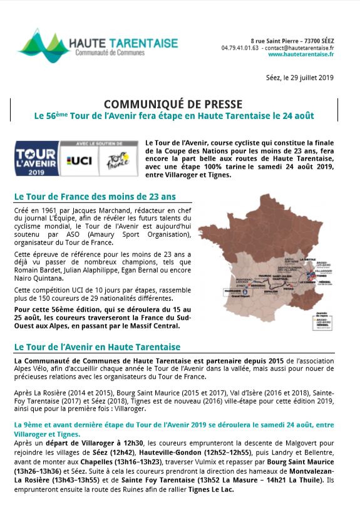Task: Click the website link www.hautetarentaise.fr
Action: coord(301,55)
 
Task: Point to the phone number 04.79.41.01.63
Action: coord(240,47)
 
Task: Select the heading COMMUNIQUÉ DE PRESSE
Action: coord(172,104)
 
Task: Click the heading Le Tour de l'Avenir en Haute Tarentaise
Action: coord(97,347)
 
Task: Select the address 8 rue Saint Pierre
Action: coord(274,40)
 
